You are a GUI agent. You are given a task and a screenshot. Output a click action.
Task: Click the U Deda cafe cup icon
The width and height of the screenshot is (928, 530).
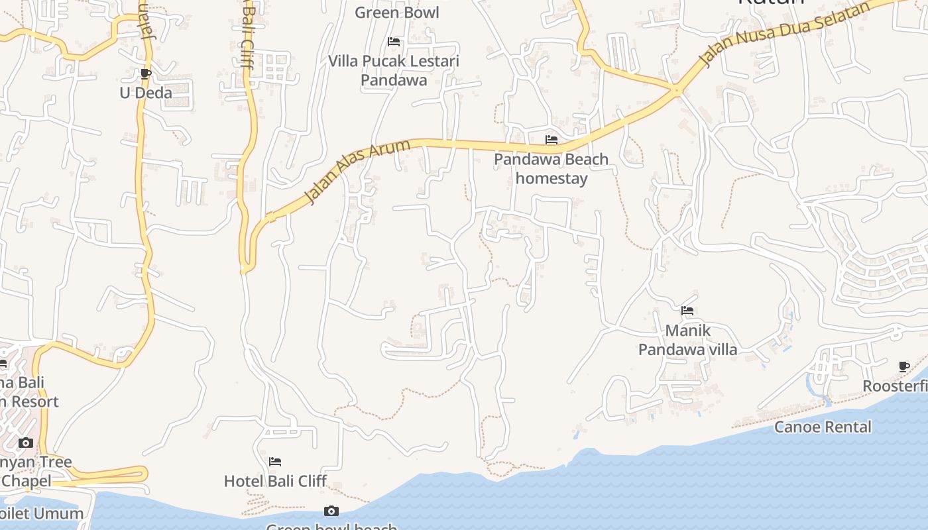[x=146, y=74]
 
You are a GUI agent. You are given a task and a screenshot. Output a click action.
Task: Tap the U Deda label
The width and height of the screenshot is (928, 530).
[x=146, y=93]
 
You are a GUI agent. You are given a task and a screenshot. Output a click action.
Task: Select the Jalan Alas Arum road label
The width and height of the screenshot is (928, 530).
[x=357, y=171]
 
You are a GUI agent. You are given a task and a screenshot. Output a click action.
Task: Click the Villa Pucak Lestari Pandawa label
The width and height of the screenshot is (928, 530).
[x=394, y=70]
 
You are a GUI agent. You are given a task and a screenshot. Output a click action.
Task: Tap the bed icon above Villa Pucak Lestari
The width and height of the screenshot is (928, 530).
[x=394, y=42]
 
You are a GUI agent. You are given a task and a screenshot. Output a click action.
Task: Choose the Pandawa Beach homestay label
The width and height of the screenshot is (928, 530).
[x=551, y=168]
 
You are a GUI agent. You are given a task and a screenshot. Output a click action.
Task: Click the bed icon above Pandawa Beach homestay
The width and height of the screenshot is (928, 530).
[x=551, y=140]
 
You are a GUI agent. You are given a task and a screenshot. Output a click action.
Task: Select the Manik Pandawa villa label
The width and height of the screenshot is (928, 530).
[x=687, y=339]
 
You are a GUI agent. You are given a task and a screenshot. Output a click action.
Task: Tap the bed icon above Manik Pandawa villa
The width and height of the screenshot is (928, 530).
[x=687, y=310]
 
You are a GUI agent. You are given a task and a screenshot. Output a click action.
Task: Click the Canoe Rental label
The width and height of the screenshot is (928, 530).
[x=823, y=427]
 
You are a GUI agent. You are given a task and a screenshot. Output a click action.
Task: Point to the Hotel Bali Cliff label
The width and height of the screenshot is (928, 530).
[x=275, y=481]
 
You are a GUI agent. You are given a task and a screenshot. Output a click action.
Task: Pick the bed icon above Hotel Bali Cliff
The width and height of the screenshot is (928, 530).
[x=275, y=461]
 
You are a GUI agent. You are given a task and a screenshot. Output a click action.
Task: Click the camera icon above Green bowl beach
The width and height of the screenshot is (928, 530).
[x=331, y=511]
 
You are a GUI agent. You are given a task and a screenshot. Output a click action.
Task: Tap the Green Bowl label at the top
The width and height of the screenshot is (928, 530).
[x=397, y=13]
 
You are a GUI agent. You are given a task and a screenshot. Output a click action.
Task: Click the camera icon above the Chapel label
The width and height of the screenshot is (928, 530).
[x=26, y=443]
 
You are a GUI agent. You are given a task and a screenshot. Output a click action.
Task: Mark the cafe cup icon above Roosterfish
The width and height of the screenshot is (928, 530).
[x=904, y=366]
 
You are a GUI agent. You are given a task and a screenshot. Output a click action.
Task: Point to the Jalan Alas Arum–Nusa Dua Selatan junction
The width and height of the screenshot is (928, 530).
[x=677, y=89]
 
